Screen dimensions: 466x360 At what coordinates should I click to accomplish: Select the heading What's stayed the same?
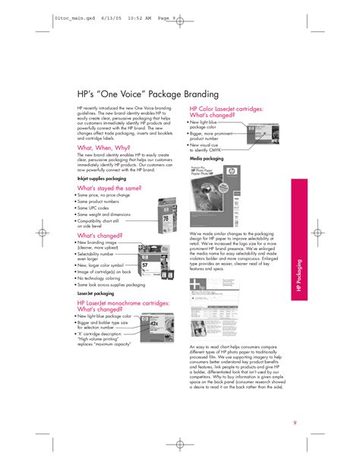point(109,187)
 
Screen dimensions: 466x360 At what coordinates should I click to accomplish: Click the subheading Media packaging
point(207,158)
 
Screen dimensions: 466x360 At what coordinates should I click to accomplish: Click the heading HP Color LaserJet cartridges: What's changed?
point(226,112)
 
